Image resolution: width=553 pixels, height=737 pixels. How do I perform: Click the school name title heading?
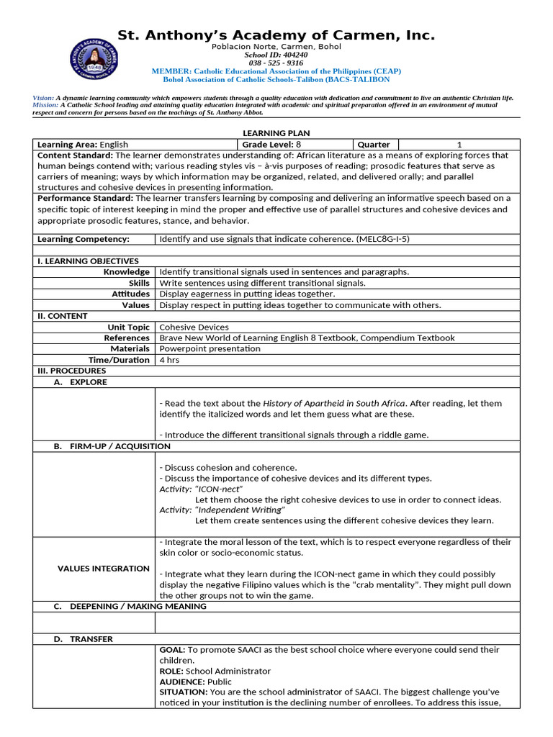276,35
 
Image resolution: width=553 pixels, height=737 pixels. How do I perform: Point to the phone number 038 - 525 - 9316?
276,63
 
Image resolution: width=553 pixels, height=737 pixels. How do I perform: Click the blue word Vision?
42,97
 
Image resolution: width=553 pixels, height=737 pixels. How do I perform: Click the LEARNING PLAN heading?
276,133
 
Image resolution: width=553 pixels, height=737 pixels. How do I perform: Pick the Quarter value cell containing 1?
459,145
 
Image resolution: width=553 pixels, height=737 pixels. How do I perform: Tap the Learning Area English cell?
83,145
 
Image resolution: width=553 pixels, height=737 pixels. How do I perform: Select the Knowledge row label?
126,272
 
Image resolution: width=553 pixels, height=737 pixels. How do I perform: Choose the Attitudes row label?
130,294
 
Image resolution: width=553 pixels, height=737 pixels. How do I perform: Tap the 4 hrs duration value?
169,360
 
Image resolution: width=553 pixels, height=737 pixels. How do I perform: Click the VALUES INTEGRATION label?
104,569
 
